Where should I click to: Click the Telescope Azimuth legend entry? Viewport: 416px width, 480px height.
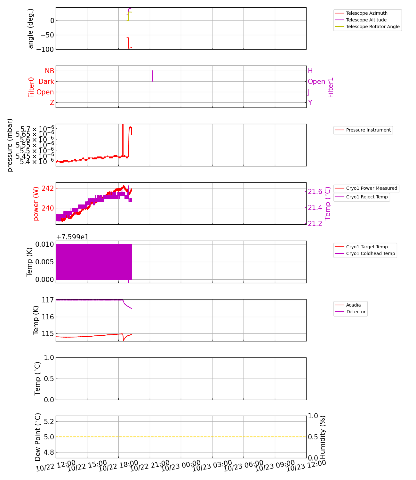(x=366, y=13)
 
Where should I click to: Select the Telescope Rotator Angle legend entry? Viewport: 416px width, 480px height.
(x=373, y=27)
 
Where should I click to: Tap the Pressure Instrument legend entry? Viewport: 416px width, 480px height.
(x=368, y=130)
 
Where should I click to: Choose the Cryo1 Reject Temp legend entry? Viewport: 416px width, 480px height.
(x=367, y=197)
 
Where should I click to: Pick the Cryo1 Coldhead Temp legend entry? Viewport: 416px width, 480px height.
(x=370, y=253)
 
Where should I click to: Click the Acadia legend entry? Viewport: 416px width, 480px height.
(x=353, y=305)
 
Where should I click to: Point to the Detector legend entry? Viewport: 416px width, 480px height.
(x=356, y=312)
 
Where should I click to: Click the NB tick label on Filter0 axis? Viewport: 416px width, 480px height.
(x=49, y=71)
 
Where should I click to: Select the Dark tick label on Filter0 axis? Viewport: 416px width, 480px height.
(x=46, y=82)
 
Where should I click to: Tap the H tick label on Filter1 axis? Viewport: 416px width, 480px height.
(x=310, y=71)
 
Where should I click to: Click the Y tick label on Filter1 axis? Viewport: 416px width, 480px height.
(x=310, y=103)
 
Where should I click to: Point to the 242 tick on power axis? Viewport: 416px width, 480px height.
(x=48, y=188)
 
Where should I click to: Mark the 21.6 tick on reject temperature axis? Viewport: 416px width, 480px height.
(x=315, y=192)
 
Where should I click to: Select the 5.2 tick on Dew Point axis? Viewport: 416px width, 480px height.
(x=48, y=421)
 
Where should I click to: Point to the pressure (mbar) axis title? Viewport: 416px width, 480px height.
(x=10, y=145)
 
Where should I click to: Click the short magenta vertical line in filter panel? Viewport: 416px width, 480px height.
(x=152, y=76)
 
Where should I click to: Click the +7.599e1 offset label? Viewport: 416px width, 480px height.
(x=72, y=237)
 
